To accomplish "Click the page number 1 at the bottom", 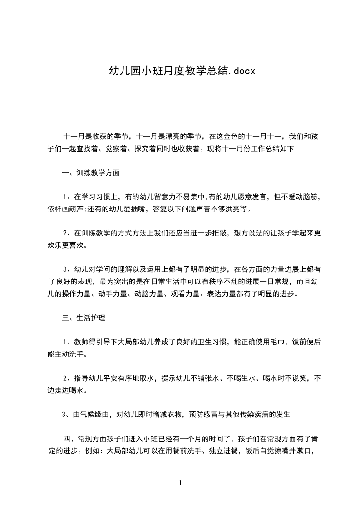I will coord(180,483).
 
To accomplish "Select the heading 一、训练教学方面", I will coord(91,173).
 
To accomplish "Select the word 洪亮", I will coord(228,210).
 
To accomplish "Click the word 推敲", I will coord(220,233).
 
